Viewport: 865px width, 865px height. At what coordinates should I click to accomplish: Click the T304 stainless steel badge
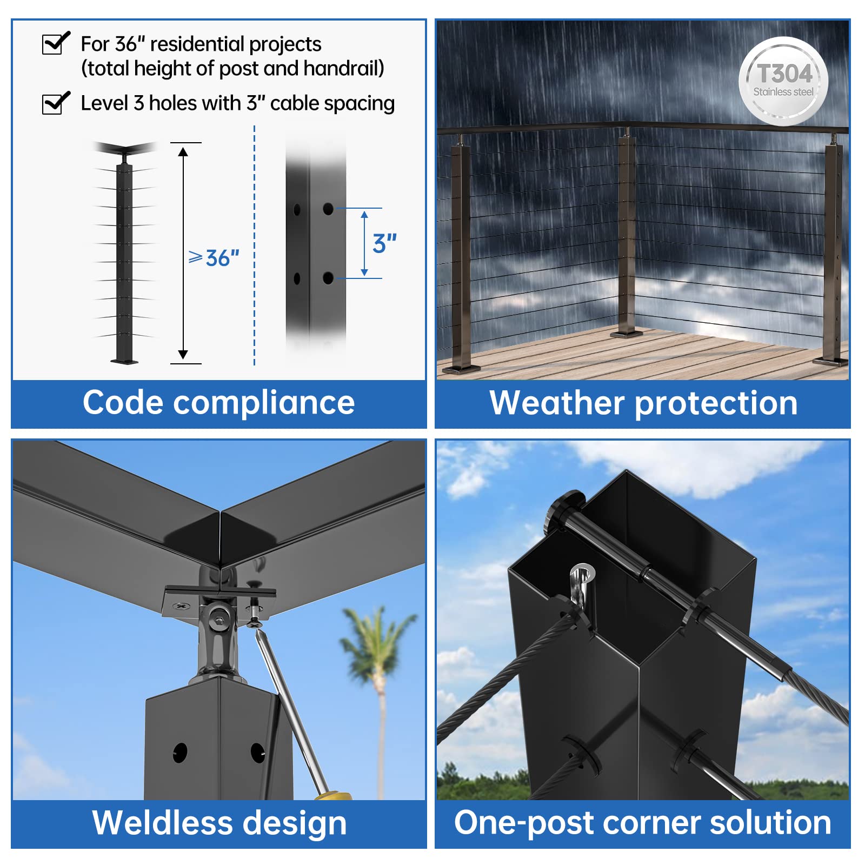tap(783, 81)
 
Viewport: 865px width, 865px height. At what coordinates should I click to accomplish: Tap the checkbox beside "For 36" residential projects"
tap(56, 43)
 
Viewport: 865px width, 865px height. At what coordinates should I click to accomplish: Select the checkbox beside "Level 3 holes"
tap(56, 103)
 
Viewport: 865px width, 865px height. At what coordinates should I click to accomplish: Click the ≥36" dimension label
tap(214, 258)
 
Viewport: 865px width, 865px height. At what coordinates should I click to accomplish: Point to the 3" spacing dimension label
tap(384, 243)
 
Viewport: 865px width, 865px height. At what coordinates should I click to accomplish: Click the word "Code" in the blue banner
tap(123, 403)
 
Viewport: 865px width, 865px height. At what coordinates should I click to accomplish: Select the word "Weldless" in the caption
tap(162, 822)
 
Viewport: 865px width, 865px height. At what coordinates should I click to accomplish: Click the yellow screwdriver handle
tap(333, 796)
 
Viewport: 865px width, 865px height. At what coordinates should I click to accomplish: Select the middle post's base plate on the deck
tap(627, 334)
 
